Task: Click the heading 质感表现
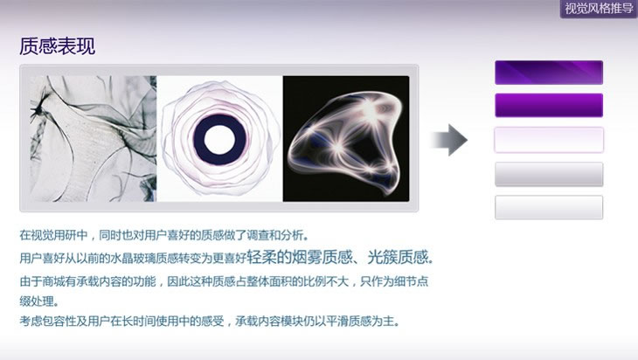click(58, 46)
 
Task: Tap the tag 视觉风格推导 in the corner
click(599, 9)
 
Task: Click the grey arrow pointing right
click(449, 140)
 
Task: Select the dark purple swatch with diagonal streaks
click(549, 73)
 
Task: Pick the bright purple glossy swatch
click(549, 106)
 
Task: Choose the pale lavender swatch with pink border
click(549, 140)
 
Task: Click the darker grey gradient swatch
click(549, 174)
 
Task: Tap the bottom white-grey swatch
click(549, 207)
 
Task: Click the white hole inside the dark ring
click(219, 140)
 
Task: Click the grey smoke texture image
click(93, 139)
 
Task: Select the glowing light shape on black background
click(346, 139)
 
